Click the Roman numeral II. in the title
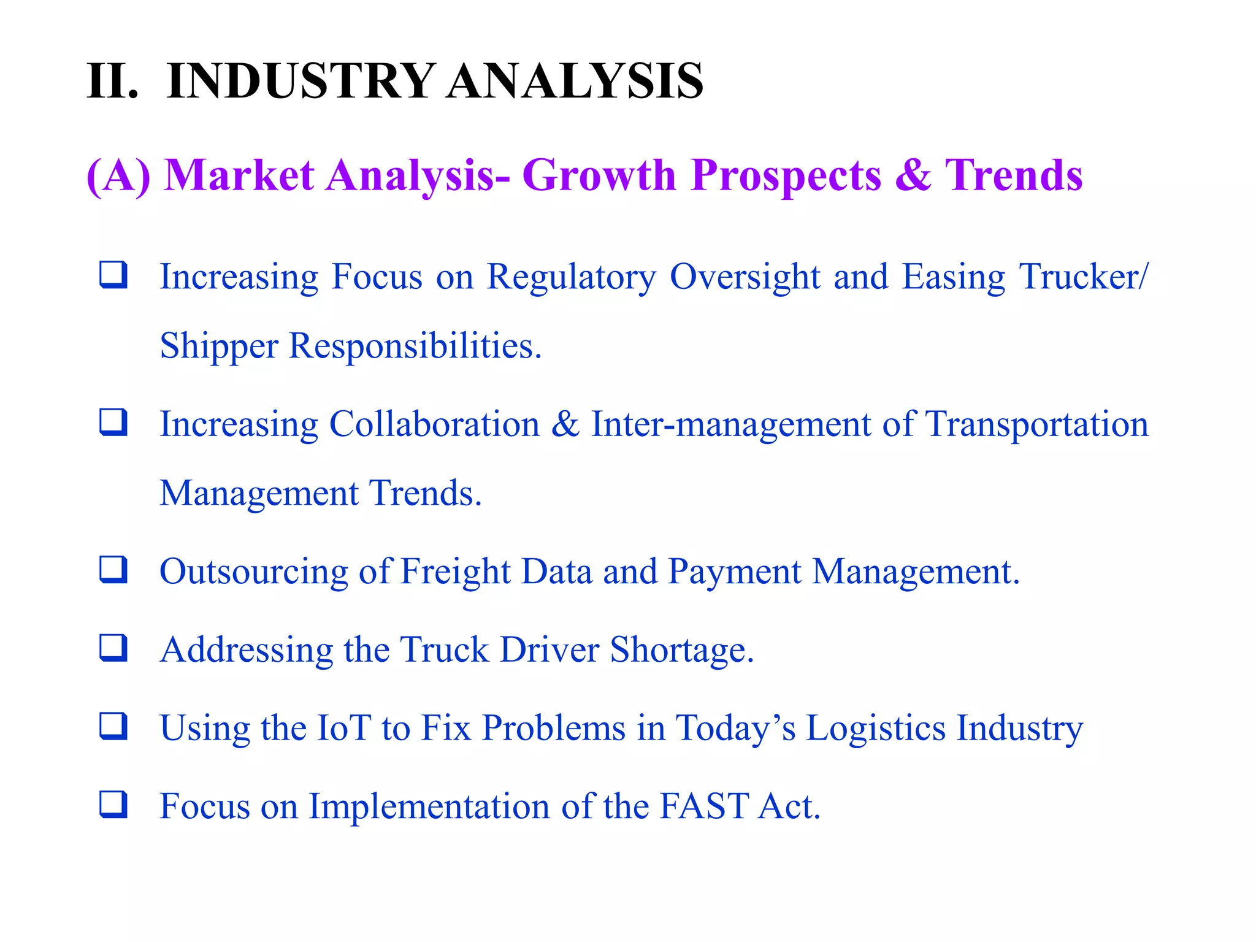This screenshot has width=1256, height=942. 112,81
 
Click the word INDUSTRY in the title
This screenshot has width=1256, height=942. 301,81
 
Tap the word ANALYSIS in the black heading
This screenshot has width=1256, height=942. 575,81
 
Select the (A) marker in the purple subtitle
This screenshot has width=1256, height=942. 118,176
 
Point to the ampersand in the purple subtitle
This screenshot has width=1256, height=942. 913,176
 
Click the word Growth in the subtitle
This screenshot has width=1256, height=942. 599,176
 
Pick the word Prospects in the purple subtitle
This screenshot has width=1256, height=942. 786,176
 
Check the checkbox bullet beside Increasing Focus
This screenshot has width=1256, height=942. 113,274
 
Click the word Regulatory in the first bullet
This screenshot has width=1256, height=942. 571,277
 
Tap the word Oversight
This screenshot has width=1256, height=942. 745,277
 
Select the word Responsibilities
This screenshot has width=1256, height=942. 415,346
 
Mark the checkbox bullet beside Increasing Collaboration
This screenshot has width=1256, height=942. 113,422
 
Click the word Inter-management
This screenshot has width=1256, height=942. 730,424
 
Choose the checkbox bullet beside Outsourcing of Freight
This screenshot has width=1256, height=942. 113,569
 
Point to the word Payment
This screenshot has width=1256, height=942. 734,572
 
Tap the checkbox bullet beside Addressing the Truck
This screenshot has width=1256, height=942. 113,648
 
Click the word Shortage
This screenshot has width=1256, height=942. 681,650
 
